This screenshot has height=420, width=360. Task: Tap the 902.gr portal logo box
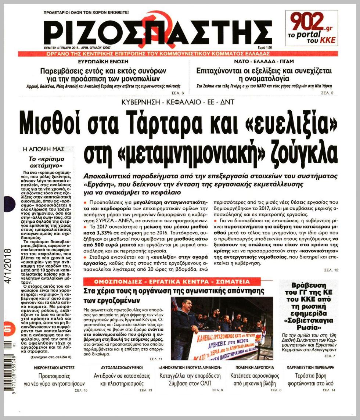point(312,28)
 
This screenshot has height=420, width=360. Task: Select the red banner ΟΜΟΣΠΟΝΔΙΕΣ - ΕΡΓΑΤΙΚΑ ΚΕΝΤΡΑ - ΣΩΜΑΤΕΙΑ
point(166,282)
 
